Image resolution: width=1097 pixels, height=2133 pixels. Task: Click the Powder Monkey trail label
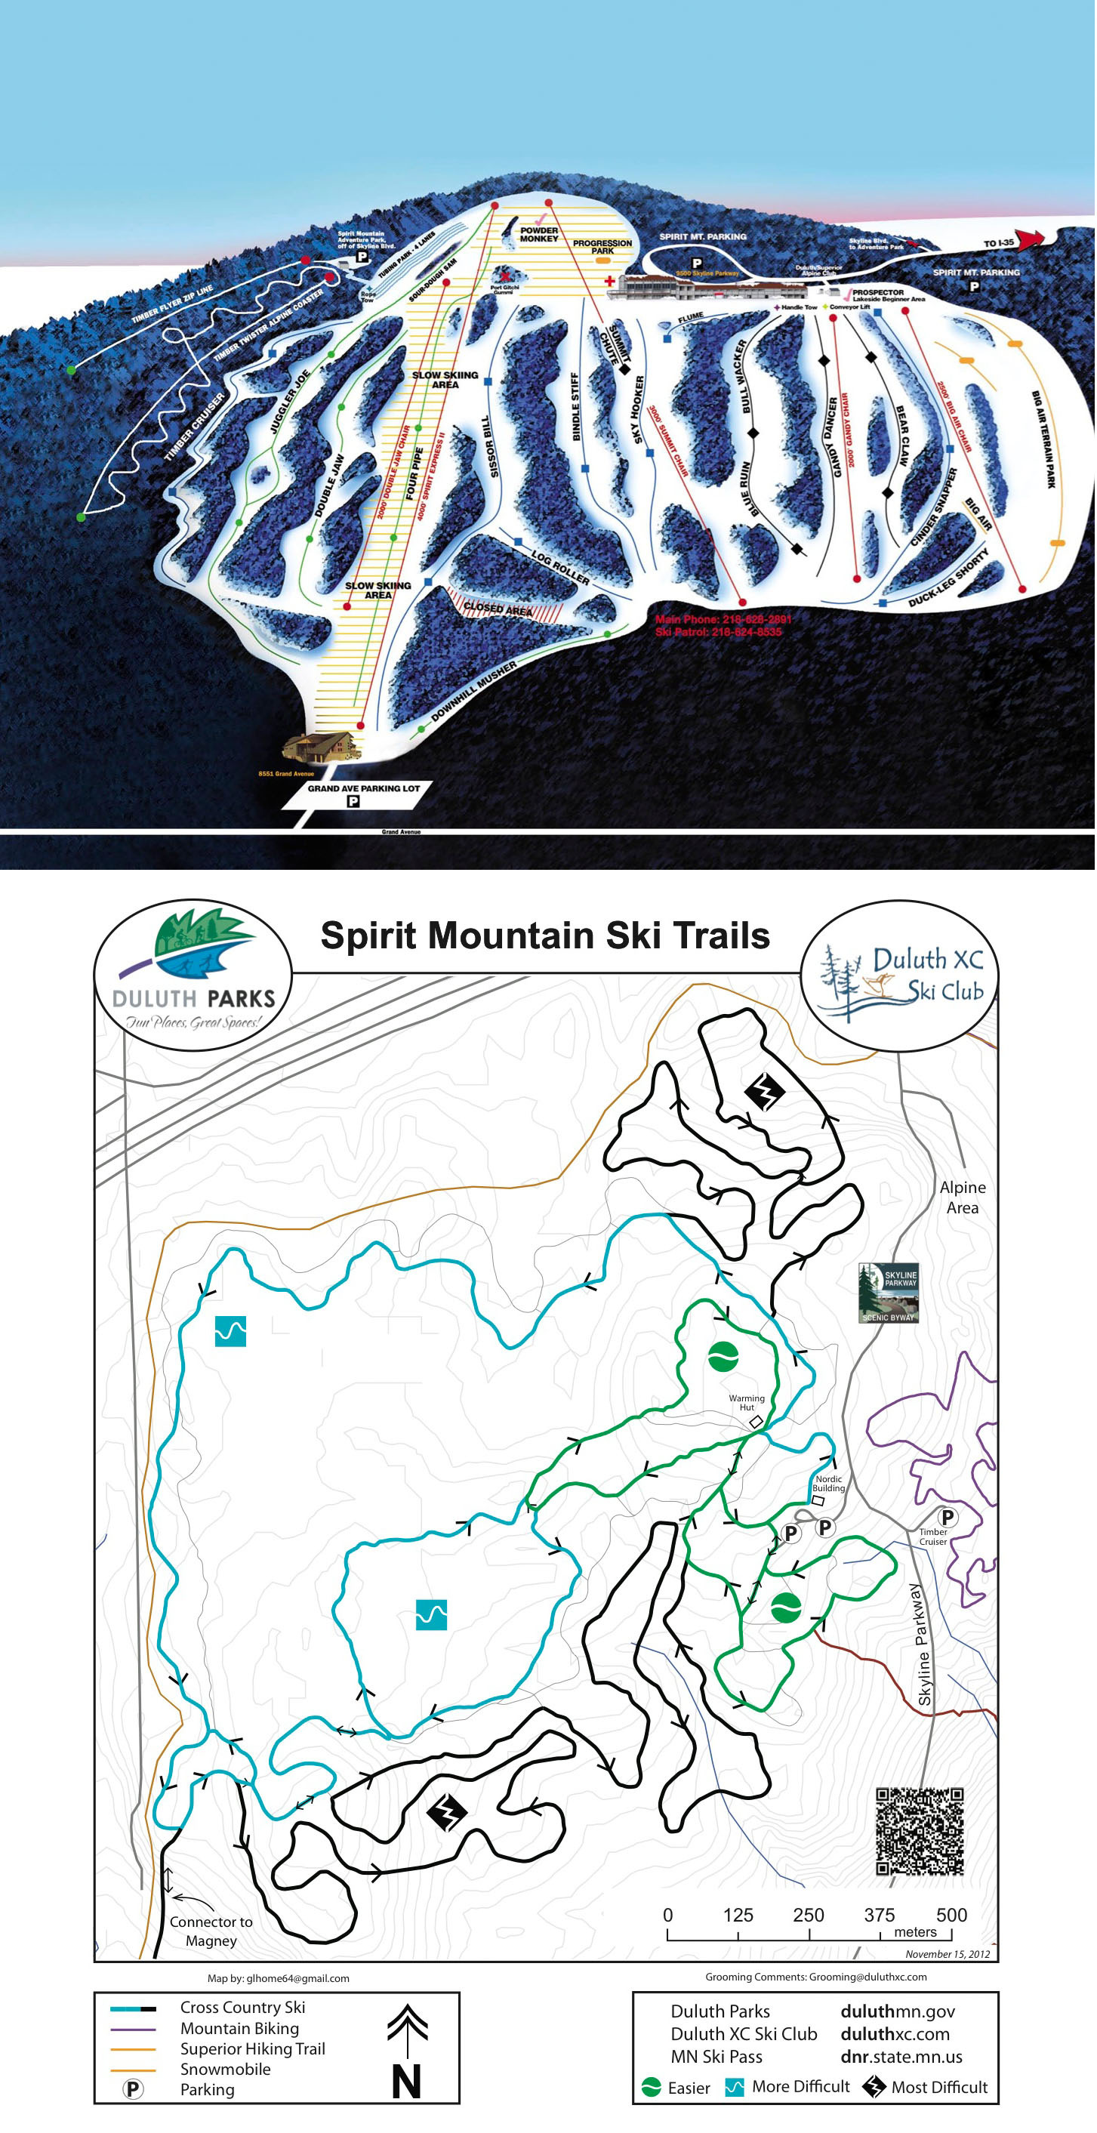pos(539,234)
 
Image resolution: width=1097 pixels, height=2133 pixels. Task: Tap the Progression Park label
pos(602,247)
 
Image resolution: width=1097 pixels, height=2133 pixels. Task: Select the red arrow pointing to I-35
pos(1030,240)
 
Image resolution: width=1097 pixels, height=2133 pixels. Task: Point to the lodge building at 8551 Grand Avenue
pos(321,747)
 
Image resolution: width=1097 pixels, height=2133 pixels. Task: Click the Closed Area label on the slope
pos(498,609)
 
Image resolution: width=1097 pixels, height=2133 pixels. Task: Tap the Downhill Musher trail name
pos(473,691)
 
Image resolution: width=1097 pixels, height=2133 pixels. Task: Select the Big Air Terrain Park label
pos(1044,439)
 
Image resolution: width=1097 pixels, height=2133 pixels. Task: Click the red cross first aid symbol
pos(610,282)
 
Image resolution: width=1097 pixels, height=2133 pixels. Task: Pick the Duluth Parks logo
pos(193,974)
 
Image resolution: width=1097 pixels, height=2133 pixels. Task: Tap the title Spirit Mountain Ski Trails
pos(545,935)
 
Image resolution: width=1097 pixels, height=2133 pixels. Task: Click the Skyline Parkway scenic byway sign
pos(889,1293)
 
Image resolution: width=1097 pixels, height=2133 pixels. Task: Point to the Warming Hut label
pos(746,1403)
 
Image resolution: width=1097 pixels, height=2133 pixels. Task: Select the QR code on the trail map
pos(920,1832)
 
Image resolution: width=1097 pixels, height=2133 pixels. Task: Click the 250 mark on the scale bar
pos(808,1914)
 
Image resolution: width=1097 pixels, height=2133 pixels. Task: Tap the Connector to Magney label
pos(211,1931)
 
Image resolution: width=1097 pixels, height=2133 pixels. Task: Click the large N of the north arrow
pos(406,2081)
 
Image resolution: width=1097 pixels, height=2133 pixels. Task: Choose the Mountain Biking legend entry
pos(239,2028)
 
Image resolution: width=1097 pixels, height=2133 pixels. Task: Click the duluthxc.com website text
pos(894,2033)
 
